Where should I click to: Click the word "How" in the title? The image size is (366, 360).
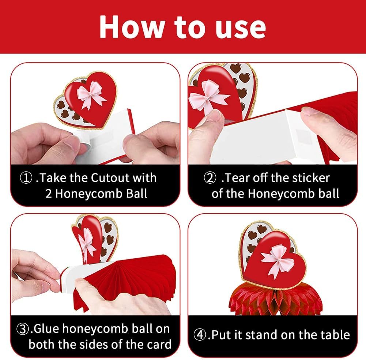tap(132, 27)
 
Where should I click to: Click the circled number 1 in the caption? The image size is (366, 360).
tap(26, 178)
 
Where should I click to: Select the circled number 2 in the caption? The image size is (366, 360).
tap(210, 178)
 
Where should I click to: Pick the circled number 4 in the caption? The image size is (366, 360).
tap(200, 335)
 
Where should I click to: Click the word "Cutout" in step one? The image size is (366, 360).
tap(110, 178)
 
